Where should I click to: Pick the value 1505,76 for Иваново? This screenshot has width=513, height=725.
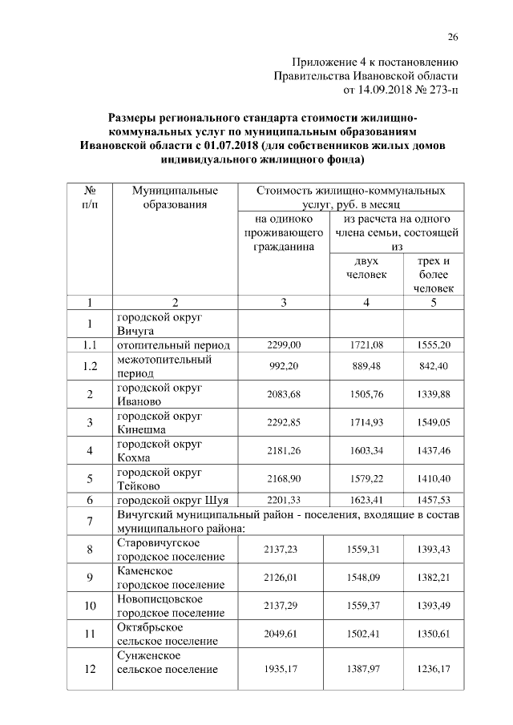tap(367, 394)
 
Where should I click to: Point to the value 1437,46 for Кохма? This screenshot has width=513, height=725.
tap(434, 452)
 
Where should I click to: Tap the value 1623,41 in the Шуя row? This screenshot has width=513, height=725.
tap(367, 501)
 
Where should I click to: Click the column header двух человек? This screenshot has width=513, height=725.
tap(366, 268)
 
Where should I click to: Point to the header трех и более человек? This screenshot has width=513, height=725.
tap(434, 275)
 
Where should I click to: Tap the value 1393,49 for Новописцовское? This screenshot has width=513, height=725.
tap(434, 606)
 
